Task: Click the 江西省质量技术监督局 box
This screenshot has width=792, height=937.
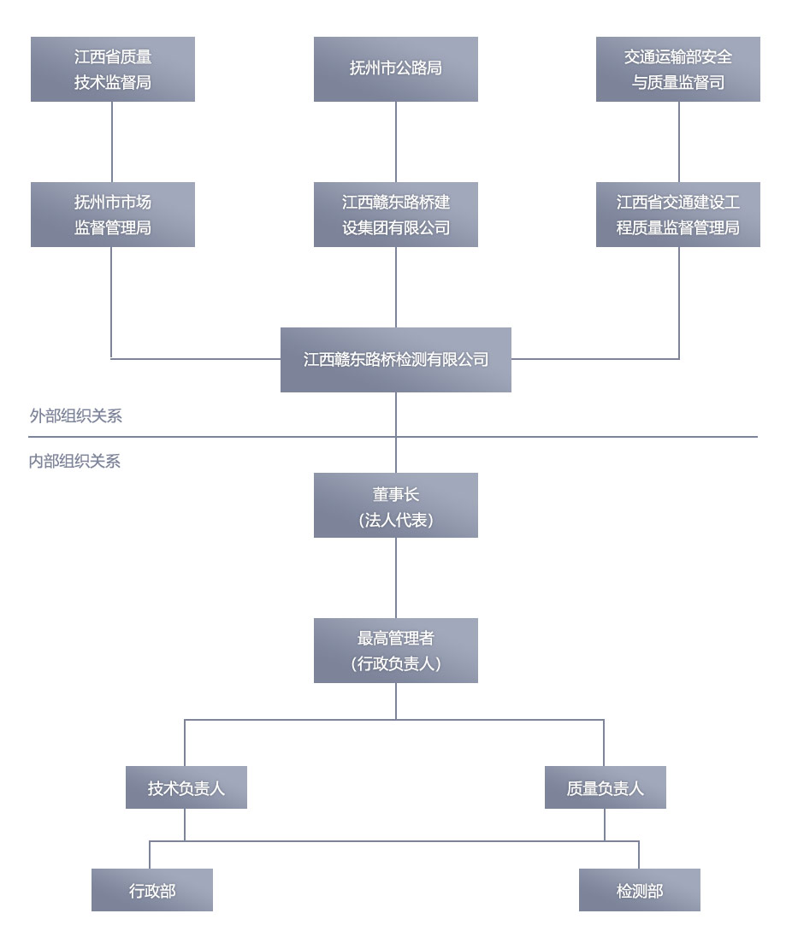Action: click(x=113, y=69)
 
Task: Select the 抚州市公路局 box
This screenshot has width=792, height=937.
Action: click(x=395, y=69)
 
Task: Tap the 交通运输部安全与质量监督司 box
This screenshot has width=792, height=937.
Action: click(x=677, y=69)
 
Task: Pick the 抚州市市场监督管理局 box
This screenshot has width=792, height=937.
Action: click(x=113, y=215)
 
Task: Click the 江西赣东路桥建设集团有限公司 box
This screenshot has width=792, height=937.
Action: click(x=395, y=215)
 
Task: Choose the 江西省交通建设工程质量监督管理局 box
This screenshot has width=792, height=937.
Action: click(x=677, y=215)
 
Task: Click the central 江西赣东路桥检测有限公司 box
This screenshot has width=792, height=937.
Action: click(x=395, y=360)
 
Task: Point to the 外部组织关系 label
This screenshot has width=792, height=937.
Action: click(x=76, y=416)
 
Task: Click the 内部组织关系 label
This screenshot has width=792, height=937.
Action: click(x=75, y=462)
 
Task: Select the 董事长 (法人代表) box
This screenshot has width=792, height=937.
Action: click(x=395, y=505)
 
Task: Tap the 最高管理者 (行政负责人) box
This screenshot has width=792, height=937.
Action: click(x=395, y=651)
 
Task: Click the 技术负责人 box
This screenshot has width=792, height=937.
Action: click(x=186, y=787)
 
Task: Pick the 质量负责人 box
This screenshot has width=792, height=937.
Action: click(x=605, y=787)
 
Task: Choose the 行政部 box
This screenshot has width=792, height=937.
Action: click(x=152, y=890)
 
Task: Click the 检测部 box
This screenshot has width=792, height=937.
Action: click(x=639, y=890)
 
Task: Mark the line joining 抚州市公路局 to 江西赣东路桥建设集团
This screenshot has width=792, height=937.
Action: click(x=396, y=142)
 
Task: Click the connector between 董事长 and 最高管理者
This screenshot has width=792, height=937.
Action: click(x=396, y=578)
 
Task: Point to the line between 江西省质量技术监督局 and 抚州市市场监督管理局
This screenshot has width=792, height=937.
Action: click(x=112, y=142)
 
